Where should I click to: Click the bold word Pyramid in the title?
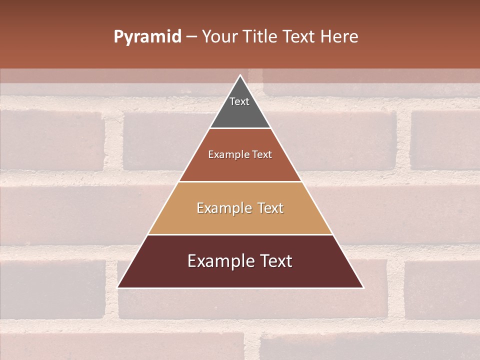pos(147,37)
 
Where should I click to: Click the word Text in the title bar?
pos(299,37)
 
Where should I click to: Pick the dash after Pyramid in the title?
pos(191,37)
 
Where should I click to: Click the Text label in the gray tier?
pos(239,101)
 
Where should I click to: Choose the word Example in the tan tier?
pos(222,208)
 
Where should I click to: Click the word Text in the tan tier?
pos(271,208)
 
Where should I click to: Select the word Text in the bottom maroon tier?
pos(276,261)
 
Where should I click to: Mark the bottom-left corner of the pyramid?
pos(118,287)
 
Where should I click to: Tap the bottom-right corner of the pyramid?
pos(363,287)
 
